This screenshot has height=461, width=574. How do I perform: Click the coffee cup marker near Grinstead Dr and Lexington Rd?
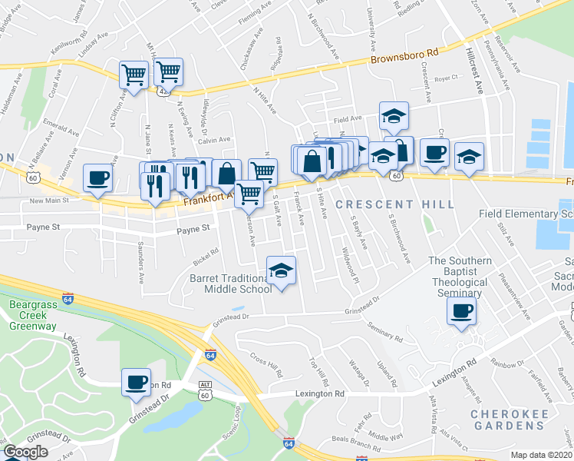tap(136, 382)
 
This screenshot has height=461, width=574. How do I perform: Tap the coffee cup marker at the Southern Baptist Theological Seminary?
tap(461, 311)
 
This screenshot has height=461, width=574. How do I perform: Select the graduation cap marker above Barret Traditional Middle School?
tap(281, 270)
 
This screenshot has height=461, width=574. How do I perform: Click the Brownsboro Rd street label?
tap(404, 57)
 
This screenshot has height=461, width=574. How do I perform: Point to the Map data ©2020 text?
tap(542, 454)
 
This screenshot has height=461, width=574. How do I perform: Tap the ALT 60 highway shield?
tap(203, 390)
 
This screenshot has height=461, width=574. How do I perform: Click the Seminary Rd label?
tap(385, 331)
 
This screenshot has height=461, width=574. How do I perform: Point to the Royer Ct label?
tap(445, 78)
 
